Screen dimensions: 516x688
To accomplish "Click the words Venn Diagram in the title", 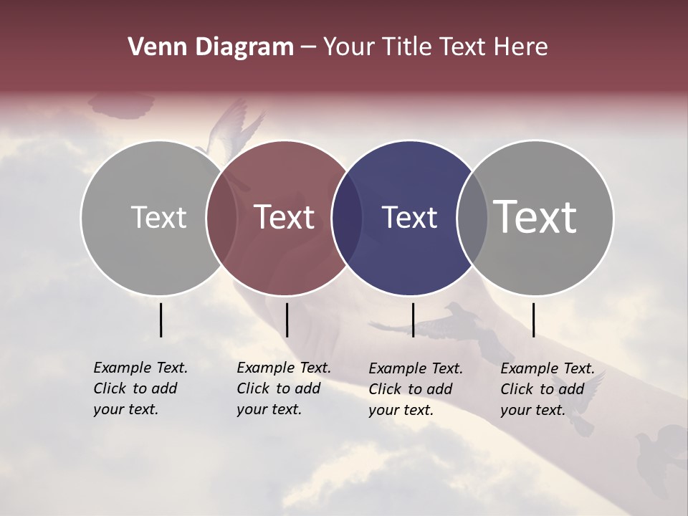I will (211, 47).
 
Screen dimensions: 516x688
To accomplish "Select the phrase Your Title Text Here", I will (435, 47).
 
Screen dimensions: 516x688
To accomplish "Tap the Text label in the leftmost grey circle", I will (158, 217).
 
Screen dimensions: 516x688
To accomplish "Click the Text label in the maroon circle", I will (285, 217).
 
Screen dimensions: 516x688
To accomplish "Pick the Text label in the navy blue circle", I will (410, 217).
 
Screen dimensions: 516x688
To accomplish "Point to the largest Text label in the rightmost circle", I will (535, 216).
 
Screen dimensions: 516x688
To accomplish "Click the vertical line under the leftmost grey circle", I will (161, 320).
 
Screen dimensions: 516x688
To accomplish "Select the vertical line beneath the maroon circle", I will (287, 320).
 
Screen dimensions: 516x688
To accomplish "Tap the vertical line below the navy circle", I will (413, 320).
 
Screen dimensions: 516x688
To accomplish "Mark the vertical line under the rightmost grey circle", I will (533, 320).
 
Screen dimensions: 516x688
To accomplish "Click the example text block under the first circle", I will (140, 388).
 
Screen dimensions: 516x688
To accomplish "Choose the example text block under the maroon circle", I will (283, 388).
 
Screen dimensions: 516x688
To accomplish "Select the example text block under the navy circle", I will (415, 389).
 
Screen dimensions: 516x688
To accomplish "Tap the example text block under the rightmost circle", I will (547, 389).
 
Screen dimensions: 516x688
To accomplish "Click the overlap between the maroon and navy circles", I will (346, 217).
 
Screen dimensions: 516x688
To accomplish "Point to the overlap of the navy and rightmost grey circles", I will (472, 217).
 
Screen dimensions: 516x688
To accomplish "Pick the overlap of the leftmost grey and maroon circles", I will (221, 217).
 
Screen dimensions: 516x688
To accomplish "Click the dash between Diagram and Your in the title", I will (308, 47).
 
